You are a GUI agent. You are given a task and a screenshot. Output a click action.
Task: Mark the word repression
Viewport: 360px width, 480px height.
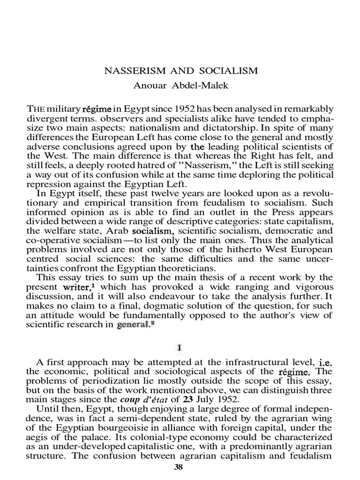(x=48, y=183)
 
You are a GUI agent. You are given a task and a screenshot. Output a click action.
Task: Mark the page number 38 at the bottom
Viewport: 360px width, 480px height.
(x=180, y=467)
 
